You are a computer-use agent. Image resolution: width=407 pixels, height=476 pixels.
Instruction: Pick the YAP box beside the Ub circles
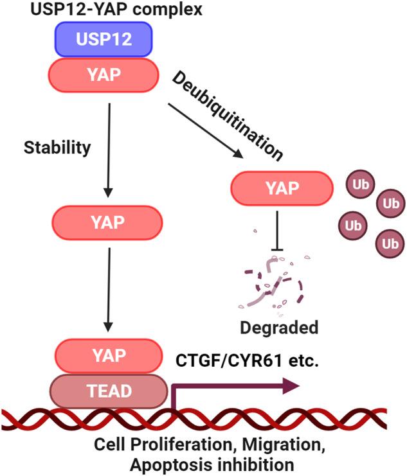(x=282, y=188)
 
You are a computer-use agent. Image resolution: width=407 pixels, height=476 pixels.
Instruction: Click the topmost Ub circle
(x=357, y=184)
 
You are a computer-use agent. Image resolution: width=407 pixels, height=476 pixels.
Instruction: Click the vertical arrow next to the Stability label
(x=108, y=149)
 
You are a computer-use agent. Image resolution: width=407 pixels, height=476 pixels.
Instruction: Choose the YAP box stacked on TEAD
(x=107, y=355)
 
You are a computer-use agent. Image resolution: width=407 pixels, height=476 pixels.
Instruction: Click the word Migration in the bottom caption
(x=310, y=444)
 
